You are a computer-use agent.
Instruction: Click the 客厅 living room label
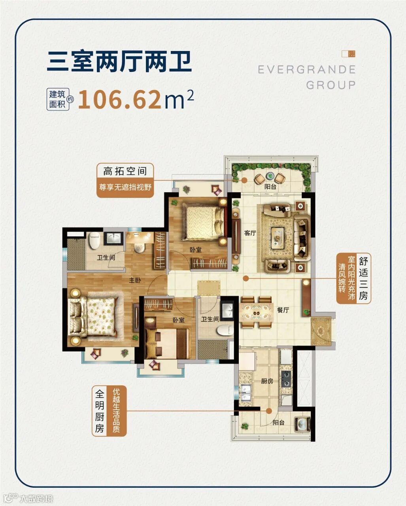[x=250, y=233]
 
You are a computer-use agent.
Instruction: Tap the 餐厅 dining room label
[x=283, y=310]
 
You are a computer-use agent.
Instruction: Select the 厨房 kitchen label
[x=267, y=381]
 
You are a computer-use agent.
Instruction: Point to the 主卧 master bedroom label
[x=135, y=280]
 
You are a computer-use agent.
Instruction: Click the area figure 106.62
[x=120, y=100]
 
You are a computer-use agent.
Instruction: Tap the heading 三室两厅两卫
[x=119, y=62]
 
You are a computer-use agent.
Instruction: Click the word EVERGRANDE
[x=307, y=70]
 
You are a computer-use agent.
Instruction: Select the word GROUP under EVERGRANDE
[x=331, y=85]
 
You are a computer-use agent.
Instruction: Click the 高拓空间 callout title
[x=125, y=171]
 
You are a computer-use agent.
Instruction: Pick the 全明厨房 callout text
[x=100, y=411]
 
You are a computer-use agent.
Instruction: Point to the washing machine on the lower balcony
[x=302, y=430]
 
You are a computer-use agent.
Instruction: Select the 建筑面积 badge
[x=57, y=99]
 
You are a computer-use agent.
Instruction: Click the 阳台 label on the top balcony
[x=270, y=187]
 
